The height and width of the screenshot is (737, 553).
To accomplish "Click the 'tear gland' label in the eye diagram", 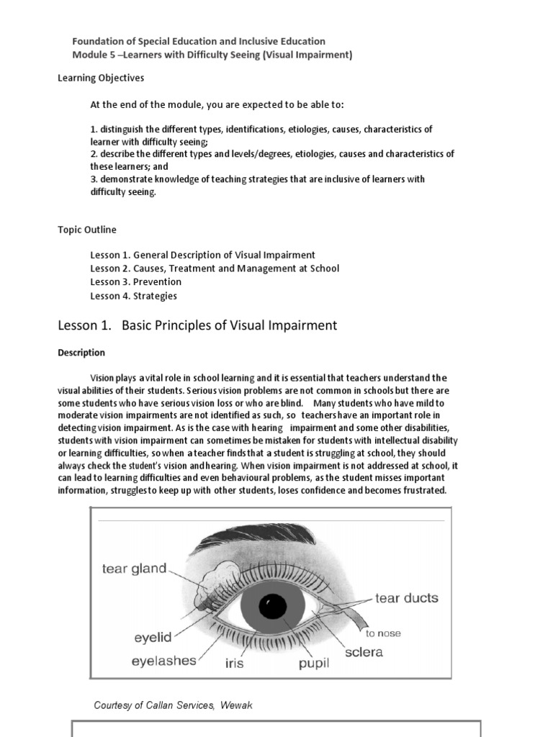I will pos(134,569).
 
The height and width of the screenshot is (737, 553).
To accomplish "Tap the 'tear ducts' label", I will pos(406,598).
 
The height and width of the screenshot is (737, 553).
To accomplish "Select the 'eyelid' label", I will pos(153,637).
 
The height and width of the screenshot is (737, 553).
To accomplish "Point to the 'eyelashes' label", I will pos(163,660).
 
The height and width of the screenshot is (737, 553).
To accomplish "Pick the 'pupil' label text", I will pos(314,663).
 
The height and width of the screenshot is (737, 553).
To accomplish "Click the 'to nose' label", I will pos(383,633).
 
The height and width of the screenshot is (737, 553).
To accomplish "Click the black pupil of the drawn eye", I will pos(273,606).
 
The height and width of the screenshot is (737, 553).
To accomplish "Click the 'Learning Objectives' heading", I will pos(101,78).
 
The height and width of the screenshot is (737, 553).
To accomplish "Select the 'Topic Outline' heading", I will pos(87,230).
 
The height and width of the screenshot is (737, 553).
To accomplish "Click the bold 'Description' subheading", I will pos(81,353).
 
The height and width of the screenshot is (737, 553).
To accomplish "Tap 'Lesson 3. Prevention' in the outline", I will pos(135,281).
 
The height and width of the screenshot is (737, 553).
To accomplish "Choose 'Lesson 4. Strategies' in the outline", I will pos(133,295).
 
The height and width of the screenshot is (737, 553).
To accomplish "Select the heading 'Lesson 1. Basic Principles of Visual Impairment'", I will pos(197,325).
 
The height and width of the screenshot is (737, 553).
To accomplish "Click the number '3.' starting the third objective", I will pos(94,179).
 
